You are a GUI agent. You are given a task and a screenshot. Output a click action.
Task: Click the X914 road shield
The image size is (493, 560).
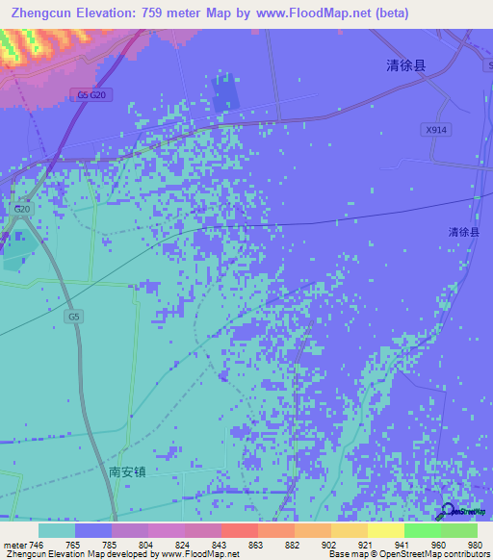pos(436,129)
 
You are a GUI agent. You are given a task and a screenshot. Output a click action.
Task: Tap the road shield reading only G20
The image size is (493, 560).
pos(23,208)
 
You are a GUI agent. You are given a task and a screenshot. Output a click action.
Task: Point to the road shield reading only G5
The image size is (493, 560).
pos(74,316)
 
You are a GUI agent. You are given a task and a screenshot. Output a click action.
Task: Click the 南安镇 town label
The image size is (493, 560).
pos(127,472)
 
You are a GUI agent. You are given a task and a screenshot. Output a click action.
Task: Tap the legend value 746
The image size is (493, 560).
pos(37,546)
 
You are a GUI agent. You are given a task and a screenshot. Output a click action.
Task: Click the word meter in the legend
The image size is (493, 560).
pos(14,546)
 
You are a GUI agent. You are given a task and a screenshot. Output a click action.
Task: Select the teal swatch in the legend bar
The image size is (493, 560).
pos(57,530)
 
